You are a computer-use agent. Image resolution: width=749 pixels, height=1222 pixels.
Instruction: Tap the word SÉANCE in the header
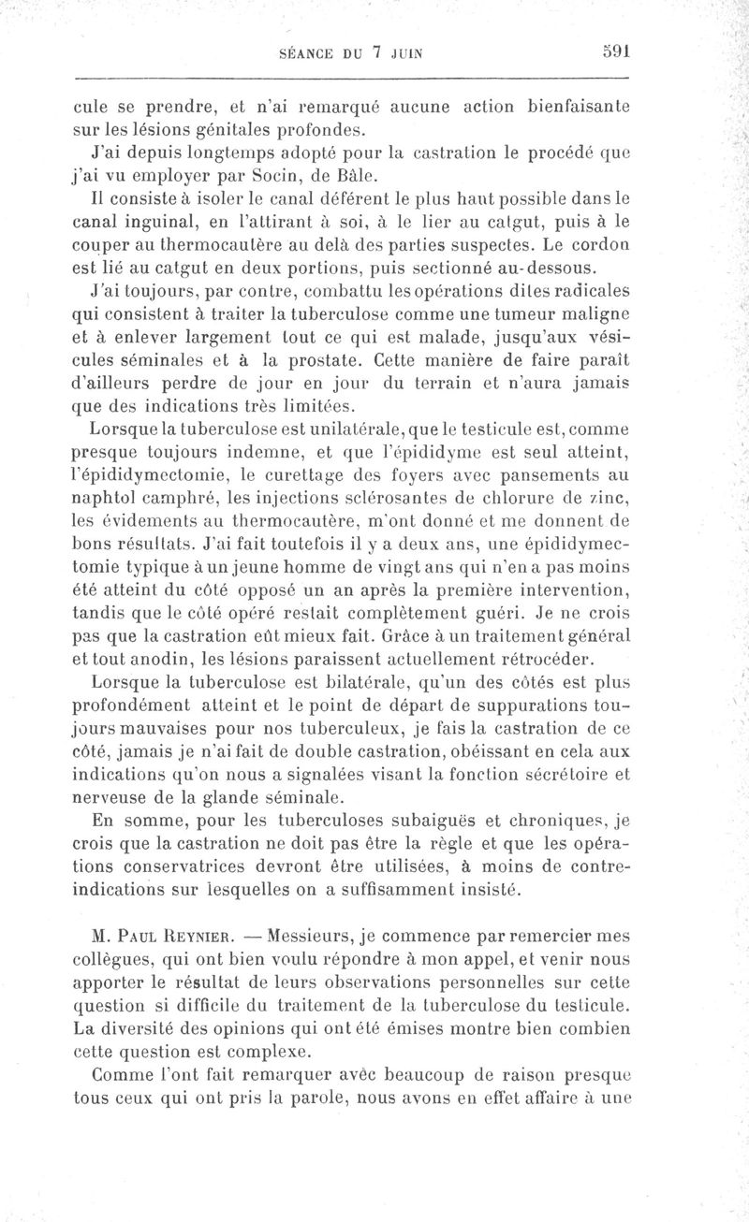(311, 53)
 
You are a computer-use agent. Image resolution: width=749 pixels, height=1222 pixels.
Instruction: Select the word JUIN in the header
(405, 53)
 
